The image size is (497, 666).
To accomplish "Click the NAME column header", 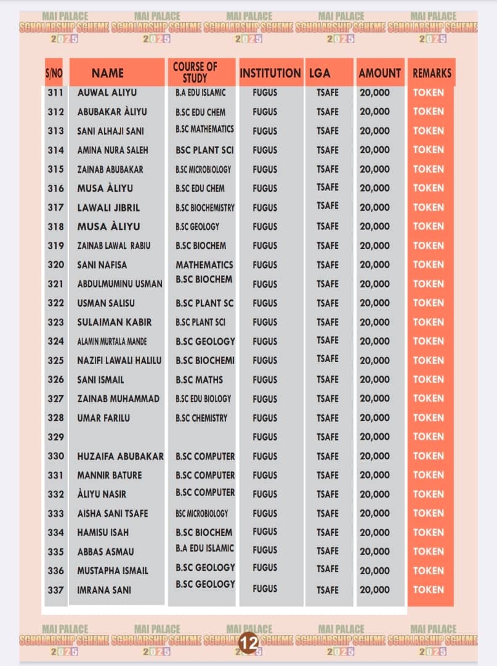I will (x=108, y=73).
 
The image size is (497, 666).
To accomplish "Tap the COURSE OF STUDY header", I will (x=195, y=73).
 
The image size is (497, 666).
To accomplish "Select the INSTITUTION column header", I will (x=270, y=73).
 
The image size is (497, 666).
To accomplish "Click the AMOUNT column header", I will (x=379, y=73).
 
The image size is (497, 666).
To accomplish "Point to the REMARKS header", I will (x=432, y=73).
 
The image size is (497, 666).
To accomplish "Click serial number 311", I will (x=55, y=92).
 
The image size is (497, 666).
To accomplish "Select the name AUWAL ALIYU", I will (x=107, y=92).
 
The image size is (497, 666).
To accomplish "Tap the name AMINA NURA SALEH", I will (x=113, y=150).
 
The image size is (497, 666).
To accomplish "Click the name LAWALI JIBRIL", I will (x=108, y=207).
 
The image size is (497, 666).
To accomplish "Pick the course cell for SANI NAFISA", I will (x=204, y=265).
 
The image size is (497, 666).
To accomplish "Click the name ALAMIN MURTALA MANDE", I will (x=112, y=341).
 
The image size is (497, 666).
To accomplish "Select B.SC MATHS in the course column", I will (x=199, y=379).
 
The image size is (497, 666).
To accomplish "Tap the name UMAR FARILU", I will (x=103, y=417).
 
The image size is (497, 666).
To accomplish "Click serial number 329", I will (x=55, y=437).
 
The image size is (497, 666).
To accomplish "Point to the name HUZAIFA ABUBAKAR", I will (x=120, y=456).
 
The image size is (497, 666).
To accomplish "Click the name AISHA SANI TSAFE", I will (x=113, y=513).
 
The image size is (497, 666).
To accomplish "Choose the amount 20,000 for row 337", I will (x=374, y=590).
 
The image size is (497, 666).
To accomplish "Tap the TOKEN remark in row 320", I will (x=429, y=265).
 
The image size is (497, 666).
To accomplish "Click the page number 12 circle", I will (x=249, y=643).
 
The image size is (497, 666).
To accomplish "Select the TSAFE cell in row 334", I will (x=328, y=532).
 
